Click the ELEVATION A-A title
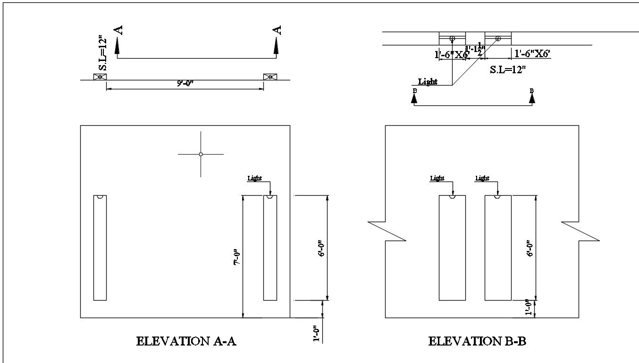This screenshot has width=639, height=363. (186, 341)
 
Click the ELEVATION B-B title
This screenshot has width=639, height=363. (477, 341)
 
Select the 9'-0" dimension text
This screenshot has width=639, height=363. (185, 83)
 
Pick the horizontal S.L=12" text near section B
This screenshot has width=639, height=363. (508, 70)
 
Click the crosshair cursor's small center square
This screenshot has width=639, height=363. (201, 154)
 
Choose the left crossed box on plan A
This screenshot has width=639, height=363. (100, 77)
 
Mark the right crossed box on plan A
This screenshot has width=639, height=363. (270, 77)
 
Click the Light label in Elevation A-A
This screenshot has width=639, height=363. (255, 178)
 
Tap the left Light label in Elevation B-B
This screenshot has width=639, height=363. (437, 178)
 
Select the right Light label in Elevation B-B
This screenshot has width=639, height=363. (482, 178)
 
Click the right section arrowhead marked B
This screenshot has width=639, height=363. (532, 98)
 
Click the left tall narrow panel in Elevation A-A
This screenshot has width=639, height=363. (100, 248)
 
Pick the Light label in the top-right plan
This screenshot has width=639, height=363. (428, 82)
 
